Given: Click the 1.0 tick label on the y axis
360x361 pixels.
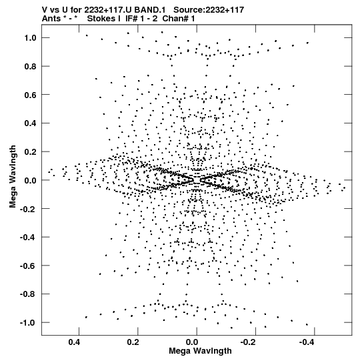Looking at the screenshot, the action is pos(31,38).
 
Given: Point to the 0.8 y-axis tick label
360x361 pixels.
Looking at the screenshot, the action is pos(31,66).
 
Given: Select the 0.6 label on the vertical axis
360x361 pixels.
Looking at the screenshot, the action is pos(31,95).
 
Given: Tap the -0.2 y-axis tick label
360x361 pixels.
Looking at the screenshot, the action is pos(28,209).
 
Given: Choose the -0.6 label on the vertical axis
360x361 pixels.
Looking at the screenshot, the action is pos(28,266).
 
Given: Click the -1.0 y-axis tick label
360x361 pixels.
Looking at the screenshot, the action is pos(28,322).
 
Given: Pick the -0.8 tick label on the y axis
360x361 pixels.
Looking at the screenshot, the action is pos(28,294).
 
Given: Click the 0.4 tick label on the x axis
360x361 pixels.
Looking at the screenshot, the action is pos(75,342).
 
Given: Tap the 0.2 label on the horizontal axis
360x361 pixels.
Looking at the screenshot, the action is pos(133,342).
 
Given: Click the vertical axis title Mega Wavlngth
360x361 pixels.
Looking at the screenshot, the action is pos(13,177).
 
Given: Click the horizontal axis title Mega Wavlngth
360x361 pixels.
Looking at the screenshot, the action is pos(200,351).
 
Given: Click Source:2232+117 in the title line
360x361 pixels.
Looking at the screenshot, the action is pos(209,10).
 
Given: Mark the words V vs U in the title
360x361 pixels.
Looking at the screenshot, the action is pos(54,10).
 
